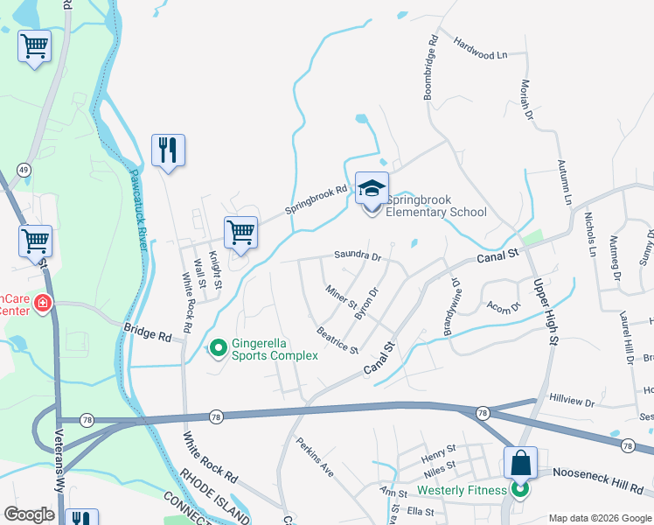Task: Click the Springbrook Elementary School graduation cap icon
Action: (x=372, y=190)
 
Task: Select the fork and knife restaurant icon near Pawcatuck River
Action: (x=167, y=150)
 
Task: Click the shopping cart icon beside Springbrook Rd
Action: (x=240, y=234)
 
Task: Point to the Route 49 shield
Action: (x=24, y=169)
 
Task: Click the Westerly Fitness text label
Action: (x=463, y=490)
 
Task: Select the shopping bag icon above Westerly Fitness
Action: (x=520, y=463)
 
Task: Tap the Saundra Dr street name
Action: (x=358, y=256)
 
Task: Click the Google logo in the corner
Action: (x=29, y=514)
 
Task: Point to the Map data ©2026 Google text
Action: (x=598, y=517)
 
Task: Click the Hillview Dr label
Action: (x=572, y=402)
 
